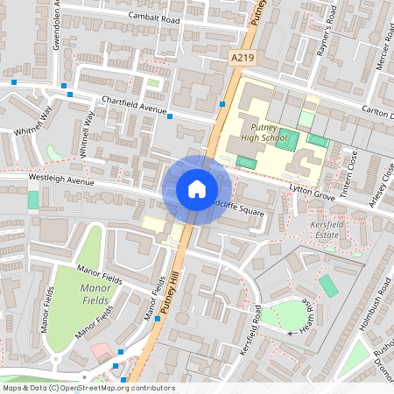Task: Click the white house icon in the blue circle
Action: click(196, 189)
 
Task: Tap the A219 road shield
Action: click(243, 57)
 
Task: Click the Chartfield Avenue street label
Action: click(133, 105)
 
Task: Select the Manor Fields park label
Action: click(95, 294)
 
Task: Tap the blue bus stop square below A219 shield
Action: click(223, 104)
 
